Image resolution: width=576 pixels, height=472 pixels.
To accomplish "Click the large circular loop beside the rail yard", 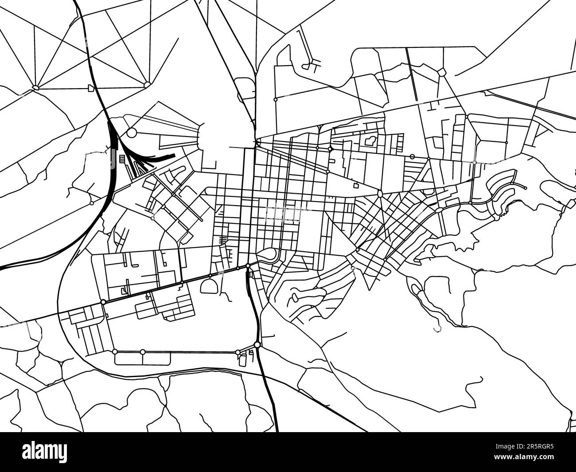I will point(132,133).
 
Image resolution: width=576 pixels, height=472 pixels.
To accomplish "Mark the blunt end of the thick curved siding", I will point(173,155).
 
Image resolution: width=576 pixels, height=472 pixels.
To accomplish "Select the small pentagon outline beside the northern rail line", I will point(91,88).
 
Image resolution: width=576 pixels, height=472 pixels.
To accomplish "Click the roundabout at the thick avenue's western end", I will point(103,302).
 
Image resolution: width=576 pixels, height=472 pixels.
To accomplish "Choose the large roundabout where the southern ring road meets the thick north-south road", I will point(257,345).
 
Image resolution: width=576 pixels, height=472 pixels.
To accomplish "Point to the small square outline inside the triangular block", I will point(356,186).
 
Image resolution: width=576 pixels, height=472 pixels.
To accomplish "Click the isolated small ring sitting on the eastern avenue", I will point(413,156).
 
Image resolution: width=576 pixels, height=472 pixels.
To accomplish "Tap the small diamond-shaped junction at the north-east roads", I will point(442,72).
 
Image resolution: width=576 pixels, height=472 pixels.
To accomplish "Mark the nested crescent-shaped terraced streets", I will point(503,191).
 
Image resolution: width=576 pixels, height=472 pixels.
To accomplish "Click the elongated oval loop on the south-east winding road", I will point(415,289).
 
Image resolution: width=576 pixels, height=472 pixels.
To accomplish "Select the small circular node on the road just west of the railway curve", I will point(91,203).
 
